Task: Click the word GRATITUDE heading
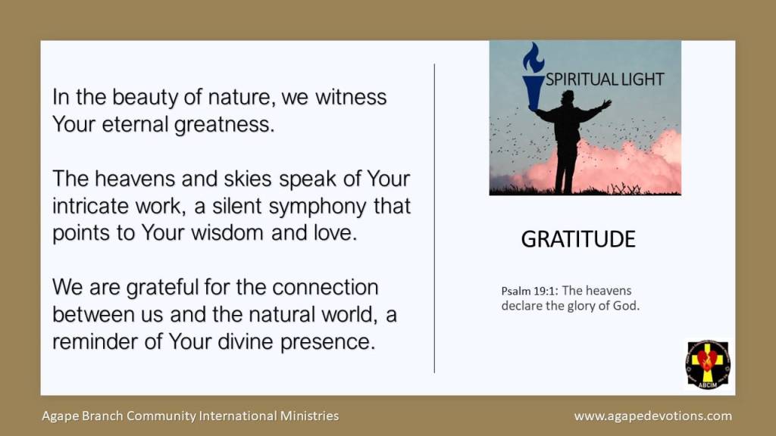pos(578,239)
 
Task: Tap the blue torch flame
pos(533,58)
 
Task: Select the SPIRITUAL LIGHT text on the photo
pos(604,79)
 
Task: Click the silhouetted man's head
pos(568,96)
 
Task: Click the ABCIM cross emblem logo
pos(708,364)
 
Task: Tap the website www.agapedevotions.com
pos(652,416)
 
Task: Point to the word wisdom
pos(228,233)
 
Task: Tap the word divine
pos(245,341)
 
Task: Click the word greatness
pos(224,125)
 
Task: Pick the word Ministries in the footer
pos(309,416)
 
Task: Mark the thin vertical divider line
pos(434,218)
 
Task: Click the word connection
pos(325,287)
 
